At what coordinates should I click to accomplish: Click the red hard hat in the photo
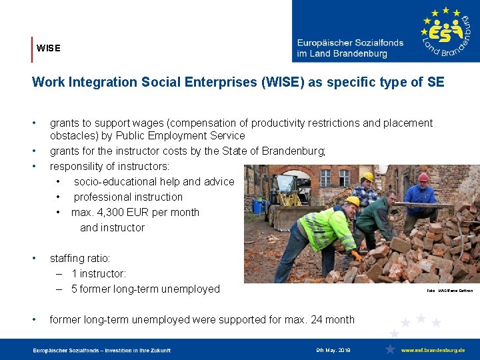423,177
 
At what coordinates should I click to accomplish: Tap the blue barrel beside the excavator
258,207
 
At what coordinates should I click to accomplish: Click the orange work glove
357,255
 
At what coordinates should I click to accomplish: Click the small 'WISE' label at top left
48,48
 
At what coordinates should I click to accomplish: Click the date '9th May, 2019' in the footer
333,350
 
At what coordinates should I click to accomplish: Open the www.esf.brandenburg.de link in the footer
433,350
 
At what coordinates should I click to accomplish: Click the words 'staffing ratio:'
80,258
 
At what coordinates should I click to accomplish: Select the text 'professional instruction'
128,197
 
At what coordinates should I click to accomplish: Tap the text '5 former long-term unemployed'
145,289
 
